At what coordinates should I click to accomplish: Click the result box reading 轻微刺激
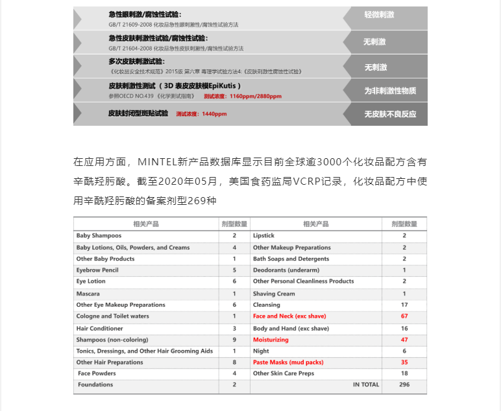coord(380,14)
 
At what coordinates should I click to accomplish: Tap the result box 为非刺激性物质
coord(390,91)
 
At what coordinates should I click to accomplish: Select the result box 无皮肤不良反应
coord(390,114)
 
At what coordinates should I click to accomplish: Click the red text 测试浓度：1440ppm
coord(201,114)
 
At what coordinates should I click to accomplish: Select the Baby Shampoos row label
coord(99,236)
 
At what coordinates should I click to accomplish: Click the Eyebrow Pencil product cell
coord(97,270)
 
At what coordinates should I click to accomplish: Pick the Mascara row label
coord(88,294)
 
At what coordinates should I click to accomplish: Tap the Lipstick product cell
coord(263,236)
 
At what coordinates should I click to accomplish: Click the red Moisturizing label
coord(271,340)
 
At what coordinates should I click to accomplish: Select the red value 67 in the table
coord(404,316)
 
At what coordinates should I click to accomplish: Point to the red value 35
coord(404,362)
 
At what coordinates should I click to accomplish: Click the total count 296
coord(404,384)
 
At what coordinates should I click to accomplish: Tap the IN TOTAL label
coord(366,384)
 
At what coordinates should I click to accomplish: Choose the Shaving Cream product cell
coord(274,294)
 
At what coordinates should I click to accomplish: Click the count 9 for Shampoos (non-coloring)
coord(234,340)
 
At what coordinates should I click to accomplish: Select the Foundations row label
coord(95,384)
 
